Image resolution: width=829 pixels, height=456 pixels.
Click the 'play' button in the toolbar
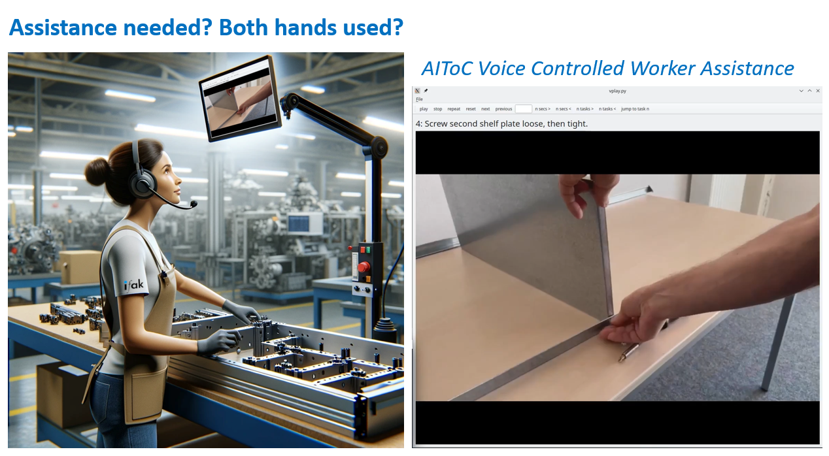point(424,108)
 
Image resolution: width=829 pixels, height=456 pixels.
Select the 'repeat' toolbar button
point(454,108)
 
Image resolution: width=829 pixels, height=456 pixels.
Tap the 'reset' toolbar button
point(471,108)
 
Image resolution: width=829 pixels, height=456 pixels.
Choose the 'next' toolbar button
point(486,108)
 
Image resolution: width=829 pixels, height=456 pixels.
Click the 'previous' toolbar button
point(503,108)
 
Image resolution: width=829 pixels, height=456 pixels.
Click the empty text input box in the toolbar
point(523,108)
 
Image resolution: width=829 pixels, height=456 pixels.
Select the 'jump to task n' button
point(635,108)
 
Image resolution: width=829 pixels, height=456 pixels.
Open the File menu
point(419,99)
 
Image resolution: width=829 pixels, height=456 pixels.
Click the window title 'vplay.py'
point(617,91)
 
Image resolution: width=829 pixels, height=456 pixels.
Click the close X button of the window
point(818,91)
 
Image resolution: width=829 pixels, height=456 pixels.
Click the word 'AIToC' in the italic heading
point(447,69)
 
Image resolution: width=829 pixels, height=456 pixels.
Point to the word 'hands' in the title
point(305,27)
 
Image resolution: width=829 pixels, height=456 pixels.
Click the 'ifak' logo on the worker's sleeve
point(133,285)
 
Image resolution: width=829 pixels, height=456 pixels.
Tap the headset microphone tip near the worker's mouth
point(193,204)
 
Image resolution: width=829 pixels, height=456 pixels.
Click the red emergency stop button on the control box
point(364,267)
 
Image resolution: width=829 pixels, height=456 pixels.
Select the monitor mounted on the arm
point(241,98)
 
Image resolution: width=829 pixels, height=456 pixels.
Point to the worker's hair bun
point(97,171)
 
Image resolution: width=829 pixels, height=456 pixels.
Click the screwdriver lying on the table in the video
point(628,352)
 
